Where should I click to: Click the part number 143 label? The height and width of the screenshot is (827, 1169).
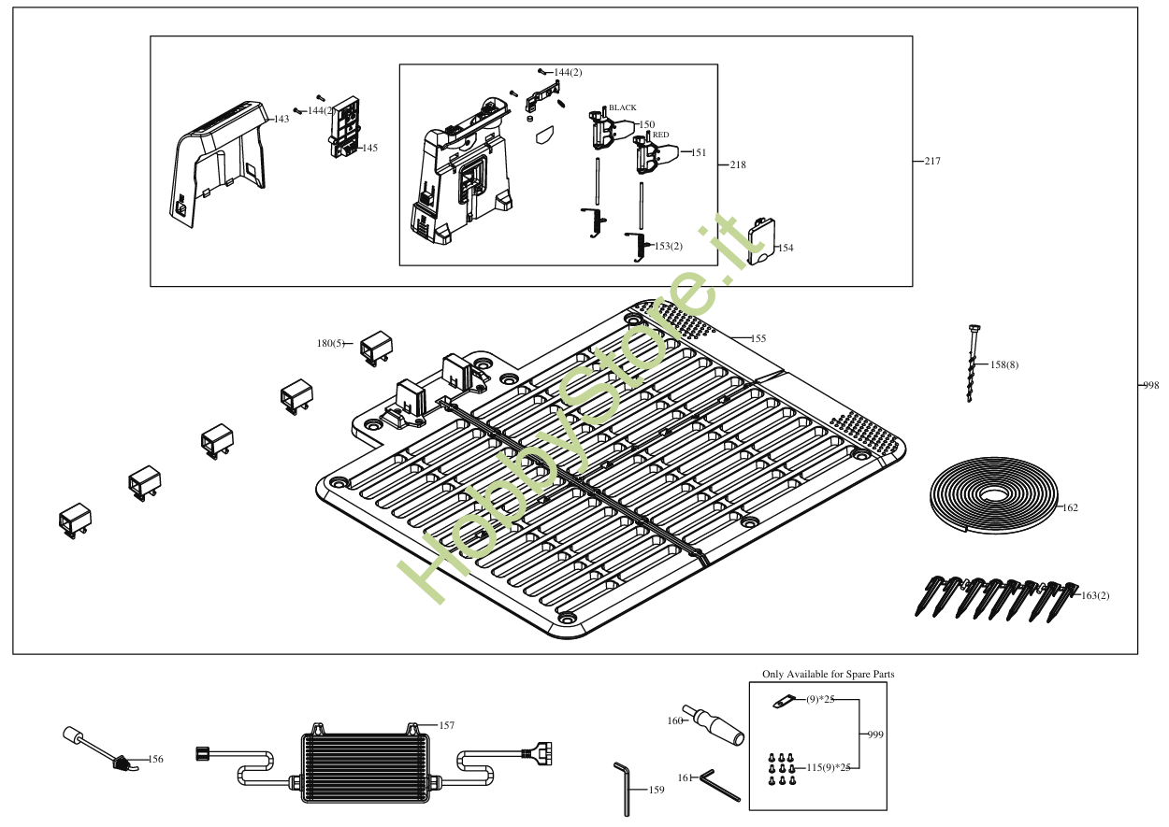tap(281, 120)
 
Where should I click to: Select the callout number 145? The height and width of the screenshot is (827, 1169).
tap(370, 149)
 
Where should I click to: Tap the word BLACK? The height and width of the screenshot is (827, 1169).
tap(623, 108)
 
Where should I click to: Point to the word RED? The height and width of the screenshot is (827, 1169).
tap(660, 135)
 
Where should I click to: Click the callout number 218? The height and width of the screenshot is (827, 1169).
tap(738, 165)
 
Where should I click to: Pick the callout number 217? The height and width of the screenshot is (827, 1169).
tap(932, 162)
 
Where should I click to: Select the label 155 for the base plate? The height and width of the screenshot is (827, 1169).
tap(758, 338)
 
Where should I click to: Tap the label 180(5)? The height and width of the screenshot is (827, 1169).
tap(330, 344)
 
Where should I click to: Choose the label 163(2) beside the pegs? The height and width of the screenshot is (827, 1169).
tap(1095, 596)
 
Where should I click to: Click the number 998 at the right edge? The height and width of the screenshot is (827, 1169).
tap(1150, 385)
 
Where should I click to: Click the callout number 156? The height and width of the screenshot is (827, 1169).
tap(155, 760)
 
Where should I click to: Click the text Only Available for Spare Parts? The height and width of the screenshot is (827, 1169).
tap(828, 674)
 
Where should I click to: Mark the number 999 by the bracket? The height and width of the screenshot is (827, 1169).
tap(874, 734)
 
